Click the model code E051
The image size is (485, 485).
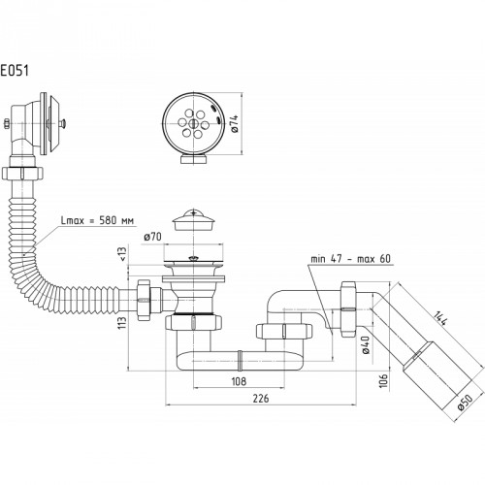[15, 71]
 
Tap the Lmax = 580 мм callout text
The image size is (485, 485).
[97, 221]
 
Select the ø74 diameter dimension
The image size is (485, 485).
[235, 124]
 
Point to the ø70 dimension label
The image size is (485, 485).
[152, 237]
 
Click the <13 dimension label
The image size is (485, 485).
[123, 253]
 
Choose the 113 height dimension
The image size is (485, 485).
[122, 323]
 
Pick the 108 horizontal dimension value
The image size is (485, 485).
[239, 381]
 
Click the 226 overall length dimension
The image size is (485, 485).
[261, 399]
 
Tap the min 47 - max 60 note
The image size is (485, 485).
[351, 259]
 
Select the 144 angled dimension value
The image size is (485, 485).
[440, 318]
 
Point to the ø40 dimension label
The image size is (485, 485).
[366, 345]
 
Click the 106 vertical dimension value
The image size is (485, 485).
[383, 380]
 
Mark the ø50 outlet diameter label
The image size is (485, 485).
[466, 403]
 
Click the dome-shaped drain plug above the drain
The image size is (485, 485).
[193, 220]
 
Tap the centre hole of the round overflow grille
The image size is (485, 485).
[193, 123]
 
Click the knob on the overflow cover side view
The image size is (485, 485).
[62, 123]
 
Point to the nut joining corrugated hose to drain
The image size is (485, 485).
[144, 301]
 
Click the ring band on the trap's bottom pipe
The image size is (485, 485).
[240, 361]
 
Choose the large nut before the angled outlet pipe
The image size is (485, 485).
[347, 309]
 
